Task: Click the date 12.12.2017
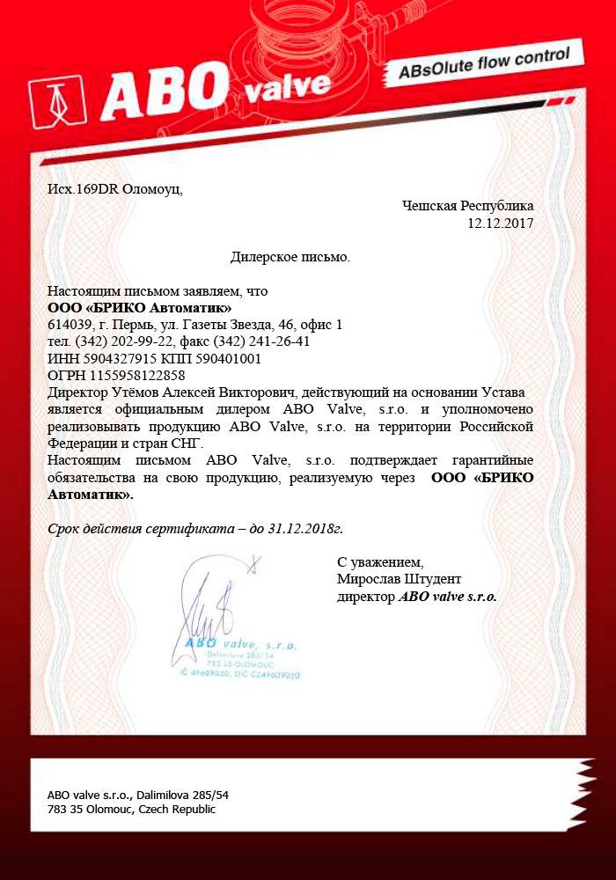(500, 223)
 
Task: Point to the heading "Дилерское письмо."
(290, 257)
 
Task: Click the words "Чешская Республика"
(467, 206)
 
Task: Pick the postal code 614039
(69, 325)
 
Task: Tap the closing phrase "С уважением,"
(379, 561)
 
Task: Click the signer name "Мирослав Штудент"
(399, 578)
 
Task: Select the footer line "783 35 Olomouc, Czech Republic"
(131, 810)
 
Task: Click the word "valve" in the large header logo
(287, 86)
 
